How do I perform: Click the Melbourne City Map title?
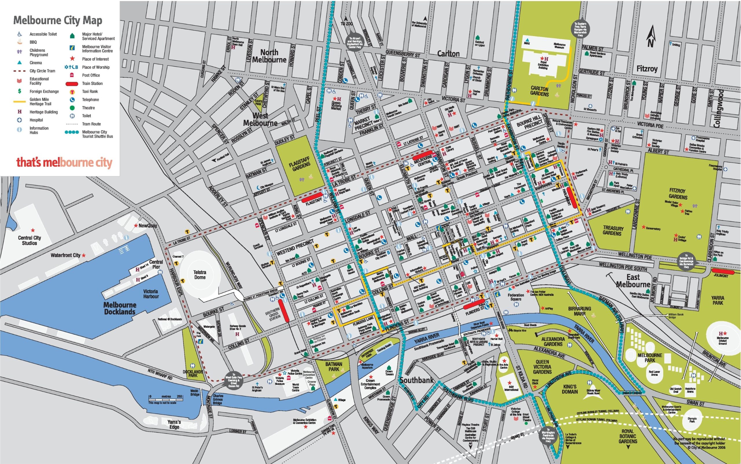(x=58, y=21)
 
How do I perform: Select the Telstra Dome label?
(x=200, y=275)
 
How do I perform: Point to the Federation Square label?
(x=516, y=297)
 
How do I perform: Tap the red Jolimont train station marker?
(x=722, y=271)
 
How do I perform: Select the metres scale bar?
(x=166, y=399)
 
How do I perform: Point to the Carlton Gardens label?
(x=539, y=91)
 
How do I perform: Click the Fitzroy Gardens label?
(x=678, y=194)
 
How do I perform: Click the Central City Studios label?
(x=30, y=240)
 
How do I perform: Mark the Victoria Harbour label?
(x=151, y=294)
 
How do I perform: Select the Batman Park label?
(x=334, y=366)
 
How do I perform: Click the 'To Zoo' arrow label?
(x=346, y=23)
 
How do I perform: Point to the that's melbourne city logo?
(x=65, y=162)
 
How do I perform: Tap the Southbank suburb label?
(x=417, y=380)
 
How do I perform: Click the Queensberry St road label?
(x=403, y=54)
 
